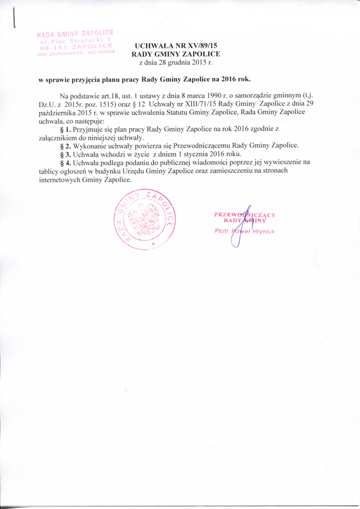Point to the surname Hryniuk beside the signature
264,231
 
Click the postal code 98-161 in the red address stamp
49,47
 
